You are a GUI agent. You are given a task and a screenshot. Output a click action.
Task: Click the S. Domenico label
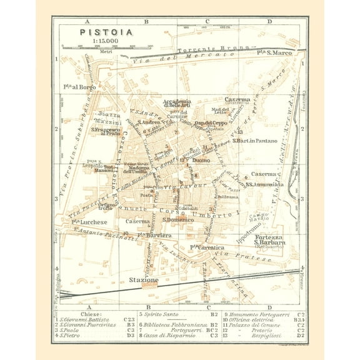(176, 220)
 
